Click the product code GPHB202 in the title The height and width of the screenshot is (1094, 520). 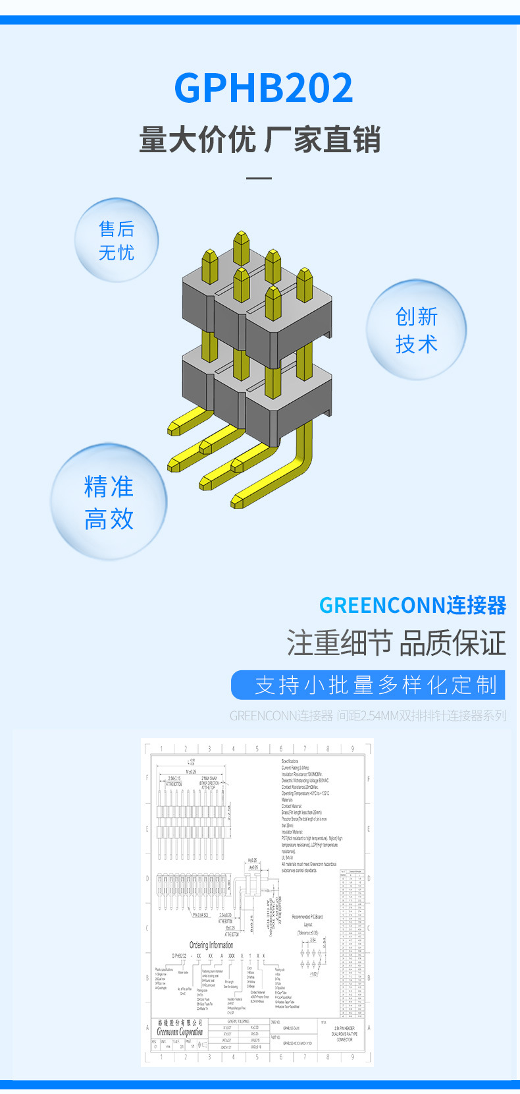(x=263, y=88)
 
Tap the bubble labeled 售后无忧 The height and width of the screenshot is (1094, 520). (x=117, y=241)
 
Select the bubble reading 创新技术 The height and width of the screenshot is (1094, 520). (x=416, y=330)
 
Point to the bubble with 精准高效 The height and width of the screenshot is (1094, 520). (x=109, y=503)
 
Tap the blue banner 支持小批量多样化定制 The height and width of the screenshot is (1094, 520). (x=368, y=685)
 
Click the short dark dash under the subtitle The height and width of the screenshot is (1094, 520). (x=259, y=178)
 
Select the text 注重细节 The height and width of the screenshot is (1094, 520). (x=339, y=643)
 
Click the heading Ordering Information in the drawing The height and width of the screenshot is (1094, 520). (x=211, y=945)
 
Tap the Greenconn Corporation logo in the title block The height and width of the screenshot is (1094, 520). (x=180, y=1029)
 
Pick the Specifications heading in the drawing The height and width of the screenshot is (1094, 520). (x=290, y=761)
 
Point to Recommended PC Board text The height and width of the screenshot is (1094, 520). (x=307, y=917)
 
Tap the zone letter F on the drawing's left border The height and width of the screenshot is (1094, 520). (x=147, y=778)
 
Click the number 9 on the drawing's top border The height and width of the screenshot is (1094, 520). (x=352, y=749)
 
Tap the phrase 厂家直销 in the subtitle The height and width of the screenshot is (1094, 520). (x=323, y=140)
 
